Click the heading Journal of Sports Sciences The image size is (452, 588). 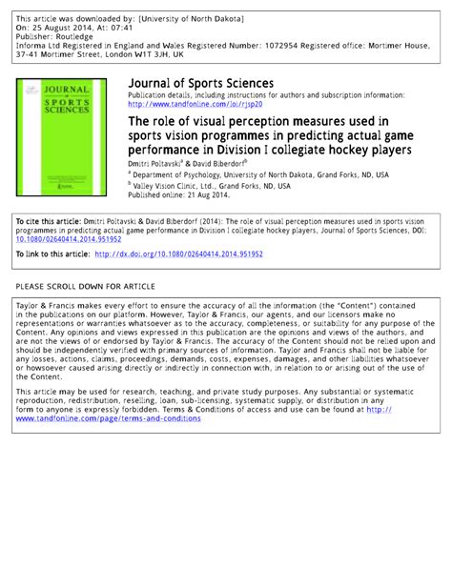click(x=201, y=84)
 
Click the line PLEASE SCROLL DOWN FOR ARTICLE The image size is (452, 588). click(x=85, y=286)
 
